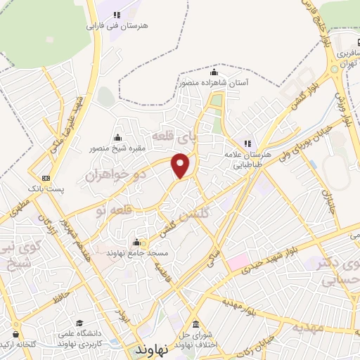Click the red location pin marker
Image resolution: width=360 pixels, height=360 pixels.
click(181, 165)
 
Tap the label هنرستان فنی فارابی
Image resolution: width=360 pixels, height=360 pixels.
click(118, 26)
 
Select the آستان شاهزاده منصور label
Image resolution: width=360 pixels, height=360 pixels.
click(214, 83)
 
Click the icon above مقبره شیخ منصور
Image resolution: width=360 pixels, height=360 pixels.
click(117, 138)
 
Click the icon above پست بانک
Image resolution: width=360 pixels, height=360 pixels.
click(46, 179)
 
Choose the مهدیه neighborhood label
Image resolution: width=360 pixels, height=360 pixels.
click(309, 328)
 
